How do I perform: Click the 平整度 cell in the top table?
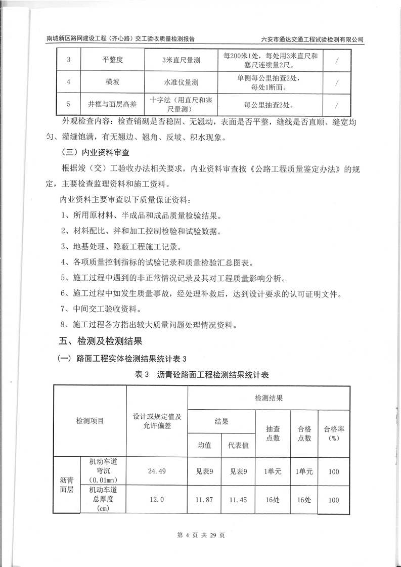[x=109, y=60]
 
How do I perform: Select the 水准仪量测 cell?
[x=181, y=82]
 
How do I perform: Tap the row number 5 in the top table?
[x=68, y=105]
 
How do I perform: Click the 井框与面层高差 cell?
[x=109, y=105]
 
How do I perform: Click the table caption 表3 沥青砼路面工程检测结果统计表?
[x=202, y=375]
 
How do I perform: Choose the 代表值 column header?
[x=238, y=445]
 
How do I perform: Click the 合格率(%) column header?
[x=334, y=433]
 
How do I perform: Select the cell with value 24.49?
[x=157, y=471]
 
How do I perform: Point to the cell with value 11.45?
[x=238, y=500]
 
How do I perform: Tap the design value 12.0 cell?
[x=157, y=500]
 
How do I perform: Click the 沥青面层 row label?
[x=67, y=485]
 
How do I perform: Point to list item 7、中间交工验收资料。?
[x=101, y=309]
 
